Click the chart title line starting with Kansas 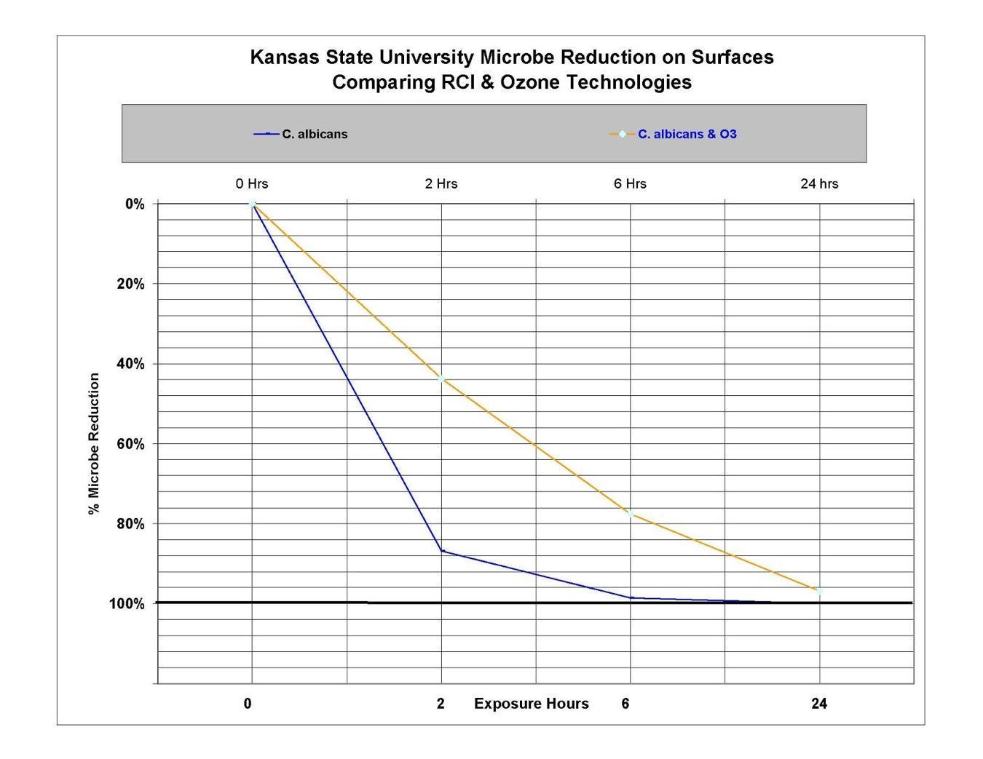pos(511,57)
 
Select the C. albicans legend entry pos(314,134)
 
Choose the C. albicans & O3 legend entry pos(687,134)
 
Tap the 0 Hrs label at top pos(252,183)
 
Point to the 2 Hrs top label pos(441,183)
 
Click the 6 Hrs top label pos(630,183)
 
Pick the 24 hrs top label pos(819,183)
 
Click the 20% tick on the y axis pos(131,284)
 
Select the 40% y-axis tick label pos(131,364)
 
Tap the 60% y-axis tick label pos(131,444)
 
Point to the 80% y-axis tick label pos(131,524)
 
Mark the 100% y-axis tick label pos(127,604)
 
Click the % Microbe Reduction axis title pos(94,444)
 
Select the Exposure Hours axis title pos(531,704)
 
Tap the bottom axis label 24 pos(819,704)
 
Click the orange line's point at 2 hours pos(441,379)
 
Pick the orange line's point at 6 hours pos(631,513)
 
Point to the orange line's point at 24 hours pos(820,591)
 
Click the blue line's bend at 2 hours pos(441,551)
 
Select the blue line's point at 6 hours pos(631,597)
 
